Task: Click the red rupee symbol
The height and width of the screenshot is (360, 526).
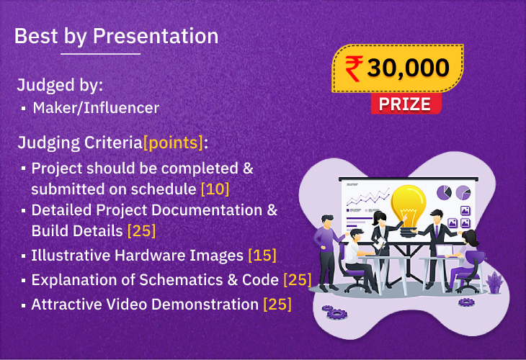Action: pos(355,68)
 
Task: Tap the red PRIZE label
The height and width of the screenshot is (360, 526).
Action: pos(406,104)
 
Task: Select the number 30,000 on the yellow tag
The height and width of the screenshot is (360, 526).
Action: pos(408,68)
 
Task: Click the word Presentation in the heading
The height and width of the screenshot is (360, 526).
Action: pos(156,36)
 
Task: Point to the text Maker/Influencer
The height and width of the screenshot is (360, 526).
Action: pos(96,108)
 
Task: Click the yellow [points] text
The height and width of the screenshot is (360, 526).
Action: pos(173,143)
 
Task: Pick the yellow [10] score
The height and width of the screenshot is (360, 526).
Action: pos(215,189)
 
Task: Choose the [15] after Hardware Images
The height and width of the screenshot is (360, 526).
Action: pos(262,256)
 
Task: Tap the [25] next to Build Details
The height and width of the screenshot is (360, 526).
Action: pos(141,231)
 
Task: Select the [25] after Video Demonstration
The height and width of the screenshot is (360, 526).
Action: pos(277,305)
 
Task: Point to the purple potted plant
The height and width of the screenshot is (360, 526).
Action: pos(495,282)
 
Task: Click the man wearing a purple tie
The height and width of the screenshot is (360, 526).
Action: pos(435,248)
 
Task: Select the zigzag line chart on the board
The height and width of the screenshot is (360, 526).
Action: pos(368,197)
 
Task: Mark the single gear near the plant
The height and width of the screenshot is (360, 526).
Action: pos(466,302)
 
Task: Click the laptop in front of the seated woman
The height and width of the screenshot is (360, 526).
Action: pos(445,251)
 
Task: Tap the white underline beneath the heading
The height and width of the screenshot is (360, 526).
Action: pos(101,53)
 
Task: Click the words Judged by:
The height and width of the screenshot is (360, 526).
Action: pos(60,85)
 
